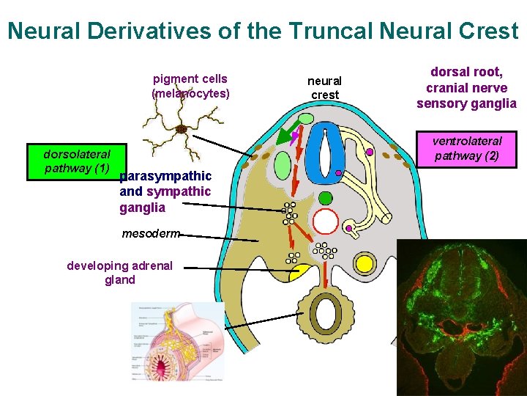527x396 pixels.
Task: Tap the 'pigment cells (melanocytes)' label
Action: point(190,86)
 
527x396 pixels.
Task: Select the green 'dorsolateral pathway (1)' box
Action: point(77,161)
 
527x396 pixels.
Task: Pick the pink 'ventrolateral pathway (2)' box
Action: point(467,148)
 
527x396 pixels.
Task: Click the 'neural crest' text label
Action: point(324,88)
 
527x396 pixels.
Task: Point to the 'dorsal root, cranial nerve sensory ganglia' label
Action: point(466,88)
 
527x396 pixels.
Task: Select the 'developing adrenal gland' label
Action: point(119,272)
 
